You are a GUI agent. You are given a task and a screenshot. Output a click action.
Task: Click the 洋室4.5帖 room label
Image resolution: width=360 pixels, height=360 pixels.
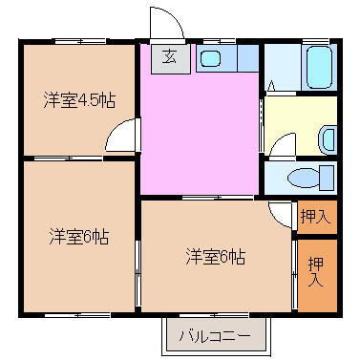point(78,99)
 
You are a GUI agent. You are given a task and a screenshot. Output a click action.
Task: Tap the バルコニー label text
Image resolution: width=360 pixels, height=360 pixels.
point(216,337)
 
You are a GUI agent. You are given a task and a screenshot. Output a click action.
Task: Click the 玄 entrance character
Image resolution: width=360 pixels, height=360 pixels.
point(169,56)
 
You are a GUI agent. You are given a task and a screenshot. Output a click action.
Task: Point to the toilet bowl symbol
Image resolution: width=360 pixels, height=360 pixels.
point(307,178)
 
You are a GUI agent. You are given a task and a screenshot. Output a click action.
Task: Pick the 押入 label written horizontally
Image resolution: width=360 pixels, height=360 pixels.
point(314,218)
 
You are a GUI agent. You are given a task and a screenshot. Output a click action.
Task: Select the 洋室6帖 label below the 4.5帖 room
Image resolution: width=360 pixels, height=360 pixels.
point(78,236)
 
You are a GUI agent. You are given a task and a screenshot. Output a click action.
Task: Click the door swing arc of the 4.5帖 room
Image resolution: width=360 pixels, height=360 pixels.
point(121,140)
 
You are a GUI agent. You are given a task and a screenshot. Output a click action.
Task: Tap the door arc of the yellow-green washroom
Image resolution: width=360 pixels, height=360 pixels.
point(282,145)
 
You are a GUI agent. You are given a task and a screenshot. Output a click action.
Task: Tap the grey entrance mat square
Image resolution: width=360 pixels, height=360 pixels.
point(169,56)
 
